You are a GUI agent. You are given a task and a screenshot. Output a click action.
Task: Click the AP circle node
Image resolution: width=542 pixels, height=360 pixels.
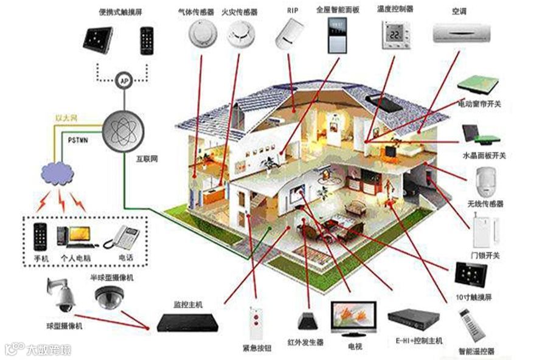(x=124, y=80)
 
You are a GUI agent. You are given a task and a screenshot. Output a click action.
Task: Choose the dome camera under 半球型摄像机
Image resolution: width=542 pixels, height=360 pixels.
(x=109, y=297)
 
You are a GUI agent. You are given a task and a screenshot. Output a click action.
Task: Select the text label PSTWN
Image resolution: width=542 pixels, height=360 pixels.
(x=77, y=140)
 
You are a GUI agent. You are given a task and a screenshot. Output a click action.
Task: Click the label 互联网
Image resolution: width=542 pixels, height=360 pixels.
(x=147, y=159)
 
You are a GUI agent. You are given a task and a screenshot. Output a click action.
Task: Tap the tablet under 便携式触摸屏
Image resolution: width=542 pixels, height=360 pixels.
(x=98, y=40)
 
